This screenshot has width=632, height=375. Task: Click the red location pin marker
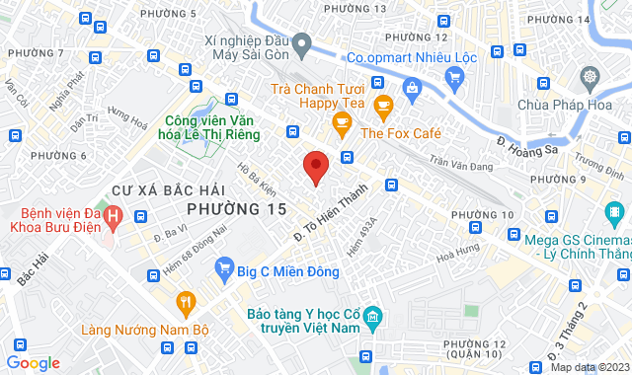pos(315,167)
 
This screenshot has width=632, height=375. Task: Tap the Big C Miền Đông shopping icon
pos(224,266)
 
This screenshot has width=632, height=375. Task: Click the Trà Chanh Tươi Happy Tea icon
pos(384,102)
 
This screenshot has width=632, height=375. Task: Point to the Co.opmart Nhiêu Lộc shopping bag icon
pos(411,88)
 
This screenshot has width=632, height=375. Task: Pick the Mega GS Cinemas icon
pos(616,210)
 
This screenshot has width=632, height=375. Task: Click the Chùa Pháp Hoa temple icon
pos(591,78)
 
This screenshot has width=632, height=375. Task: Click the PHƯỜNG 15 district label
pos(237,209)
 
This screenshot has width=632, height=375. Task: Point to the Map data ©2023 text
pos(589,367)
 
